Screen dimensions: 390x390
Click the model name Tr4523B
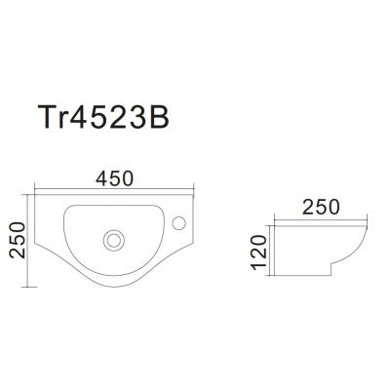point(103,117)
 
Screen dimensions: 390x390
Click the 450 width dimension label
point(115,178)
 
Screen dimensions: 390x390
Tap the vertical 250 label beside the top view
point(18,240)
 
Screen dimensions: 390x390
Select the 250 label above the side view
point(321,207)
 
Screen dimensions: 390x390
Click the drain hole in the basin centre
point(114,241)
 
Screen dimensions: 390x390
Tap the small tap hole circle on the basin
point(178,223)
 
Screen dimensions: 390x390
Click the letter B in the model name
point(160,117)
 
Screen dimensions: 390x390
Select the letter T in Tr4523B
point(47,117)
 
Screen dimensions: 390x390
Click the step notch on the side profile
point(331,269)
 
